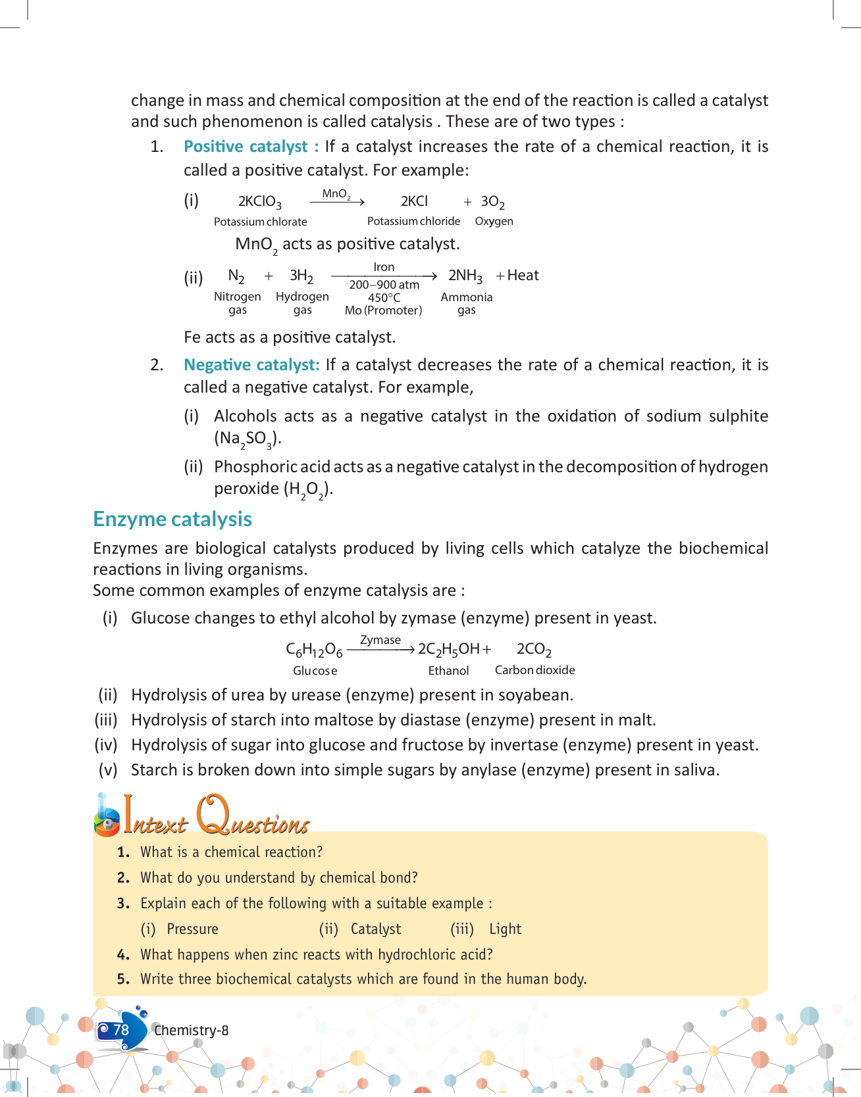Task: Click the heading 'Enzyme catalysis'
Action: (172, 519)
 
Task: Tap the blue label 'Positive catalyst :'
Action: (251, 147)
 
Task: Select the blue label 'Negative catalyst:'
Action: (251, 365)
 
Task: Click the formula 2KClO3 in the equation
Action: (259, 201)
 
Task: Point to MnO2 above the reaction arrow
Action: (336, 194)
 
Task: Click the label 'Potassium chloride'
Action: (413, 221)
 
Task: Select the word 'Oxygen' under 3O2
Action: (494, 221)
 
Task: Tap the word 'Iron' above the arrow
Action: (384, 267)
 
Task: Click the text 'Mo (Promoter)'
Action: (383, 310)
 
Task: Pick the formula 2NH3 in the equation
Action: (465, 276)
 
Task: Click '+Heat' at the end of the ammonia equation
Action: (517, 276)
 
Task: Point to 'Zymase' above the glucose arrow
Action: (380, 640)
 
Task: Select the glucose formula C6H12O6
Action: (314, 650)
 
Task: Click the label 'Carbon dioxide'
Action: (535, 670)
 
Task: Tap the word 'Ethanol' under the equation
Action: (448, 671)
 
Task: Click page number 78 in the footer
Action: (121, 1030)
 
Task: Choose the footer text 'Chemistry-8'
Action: (192, 1031)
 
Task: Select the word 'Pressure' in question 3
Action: (192, 929)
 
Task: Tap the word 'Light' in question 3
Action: (505, 929)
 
